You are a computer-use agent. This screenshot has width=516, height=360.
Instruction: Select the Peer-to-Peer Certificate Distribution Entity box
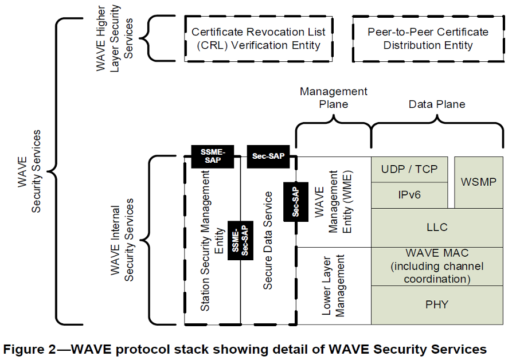[x=428, y=38]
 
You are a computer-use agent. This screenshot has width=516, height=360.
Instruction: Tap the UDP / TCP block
[x=409, y=169]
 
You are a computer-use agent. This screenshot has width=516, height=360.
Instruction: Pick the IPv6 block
[x=409, y=195]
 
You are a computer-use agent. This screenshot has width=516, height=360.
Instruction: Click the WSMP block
[x=479, y=182]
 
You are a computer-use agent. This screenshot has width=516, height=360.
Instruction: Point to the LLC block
[x=437, y=228]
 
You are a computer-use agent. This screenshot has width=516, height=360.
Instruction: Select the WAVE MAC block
[x=437, y=266]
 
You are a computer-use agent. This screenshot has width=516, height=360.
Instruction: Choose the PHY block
[x=437, y=304]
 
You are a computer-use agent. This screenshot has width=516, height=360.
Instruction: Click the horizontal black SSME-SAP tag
[x=213, y=156]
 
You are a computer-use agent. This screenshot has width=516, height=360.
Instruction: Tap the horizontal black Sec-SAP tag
[x=267, y=156]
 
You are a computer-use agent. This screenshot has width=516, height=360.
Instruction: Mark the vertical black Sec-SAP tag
[x=296, y=199]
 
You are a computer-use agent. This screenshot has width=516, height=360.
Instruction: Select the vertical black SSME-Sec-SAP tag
[x=240, y=240]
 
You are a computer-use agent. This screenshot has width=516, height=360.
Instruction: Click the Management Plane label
[x=334, y=97]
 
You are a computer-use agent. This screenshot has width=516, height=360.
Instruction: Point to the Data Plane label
[x=437, y=104]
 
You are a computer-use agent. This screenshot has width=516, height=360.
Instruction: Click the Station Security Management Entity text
[x=212, y=241]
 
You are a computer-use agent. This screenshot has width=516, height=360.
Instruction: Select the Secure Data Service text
[x=268, y=241]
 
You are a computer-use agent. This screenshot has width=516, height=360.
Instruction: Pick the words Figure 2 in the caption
[x=33, y=349]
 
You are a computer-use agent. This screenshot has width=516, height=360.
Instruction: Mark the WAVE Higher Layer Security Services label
[x=115, y=38]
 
